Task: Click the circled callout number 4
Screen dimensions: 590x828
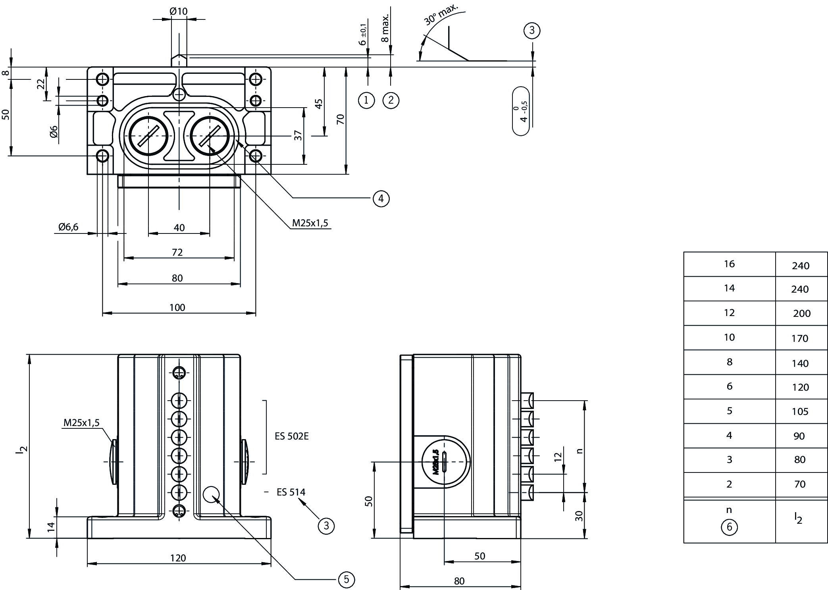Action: click(381, 198)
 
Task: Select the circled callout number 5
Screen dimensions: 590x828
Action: click(346, 580)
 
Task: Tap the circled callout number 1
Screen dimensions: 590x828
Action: click(366, 100)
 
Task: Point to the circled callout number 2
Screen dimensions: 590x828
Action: click(391, 100)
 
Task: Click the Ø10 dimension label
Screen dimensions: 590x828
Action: click(179, 11)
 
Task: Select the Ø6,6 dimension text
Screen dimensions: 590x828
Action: click(68, 227)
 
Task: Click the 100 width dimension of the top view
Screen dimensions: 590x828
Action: click(177, 307)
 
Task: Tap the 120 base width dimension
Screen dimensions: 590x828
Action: click(178, 558)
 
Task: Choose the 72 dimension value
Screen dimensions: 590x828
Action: click(177, 252)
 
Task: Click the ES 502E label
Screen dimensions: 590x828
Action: click(291, 436)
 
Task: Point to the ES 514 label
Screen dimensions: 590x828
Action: click(291, 492)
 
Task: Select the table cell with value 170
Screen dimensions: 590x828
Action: click(800, 339)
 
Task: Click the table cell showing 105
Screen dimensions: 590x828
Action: click(800, 412)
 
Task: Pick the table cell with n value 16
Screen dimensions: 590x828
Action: click(729, 264)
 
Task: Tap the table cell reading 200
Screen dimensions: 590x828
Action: click(801, 314)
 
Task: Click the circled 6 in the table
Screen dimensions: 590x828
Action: click(729, 527)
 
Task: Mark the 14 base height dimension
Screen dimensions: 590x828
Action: click(51, 527)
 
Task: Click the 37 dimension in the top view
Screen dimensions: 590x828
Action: click(298, 135)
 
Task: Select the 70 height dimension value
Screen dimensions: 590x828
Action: click(341, 119)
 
